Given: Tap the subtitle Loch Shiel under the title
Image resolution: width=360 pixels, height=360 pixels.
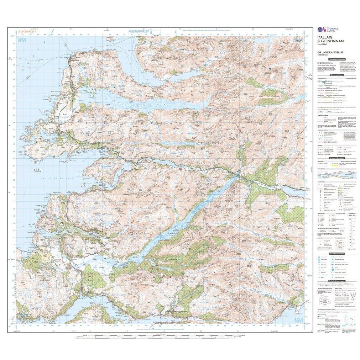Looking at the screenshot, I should [322, 49].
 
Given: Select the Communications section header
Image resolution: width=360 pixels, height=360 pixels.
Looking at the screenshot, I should [337, 75].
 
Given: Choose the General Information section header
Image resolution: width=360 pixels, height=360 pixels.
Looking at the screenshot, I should [337, 158].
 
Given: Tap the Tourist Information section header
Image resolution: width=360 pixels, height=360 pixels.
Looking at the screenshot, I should [337, 253].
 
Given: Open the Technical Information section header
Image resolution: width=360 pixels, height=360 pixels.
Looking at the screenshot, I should [337, 281].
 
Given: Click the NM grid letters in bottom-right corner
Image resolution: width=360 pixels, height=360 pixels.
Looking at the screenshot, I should [298, 321].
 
